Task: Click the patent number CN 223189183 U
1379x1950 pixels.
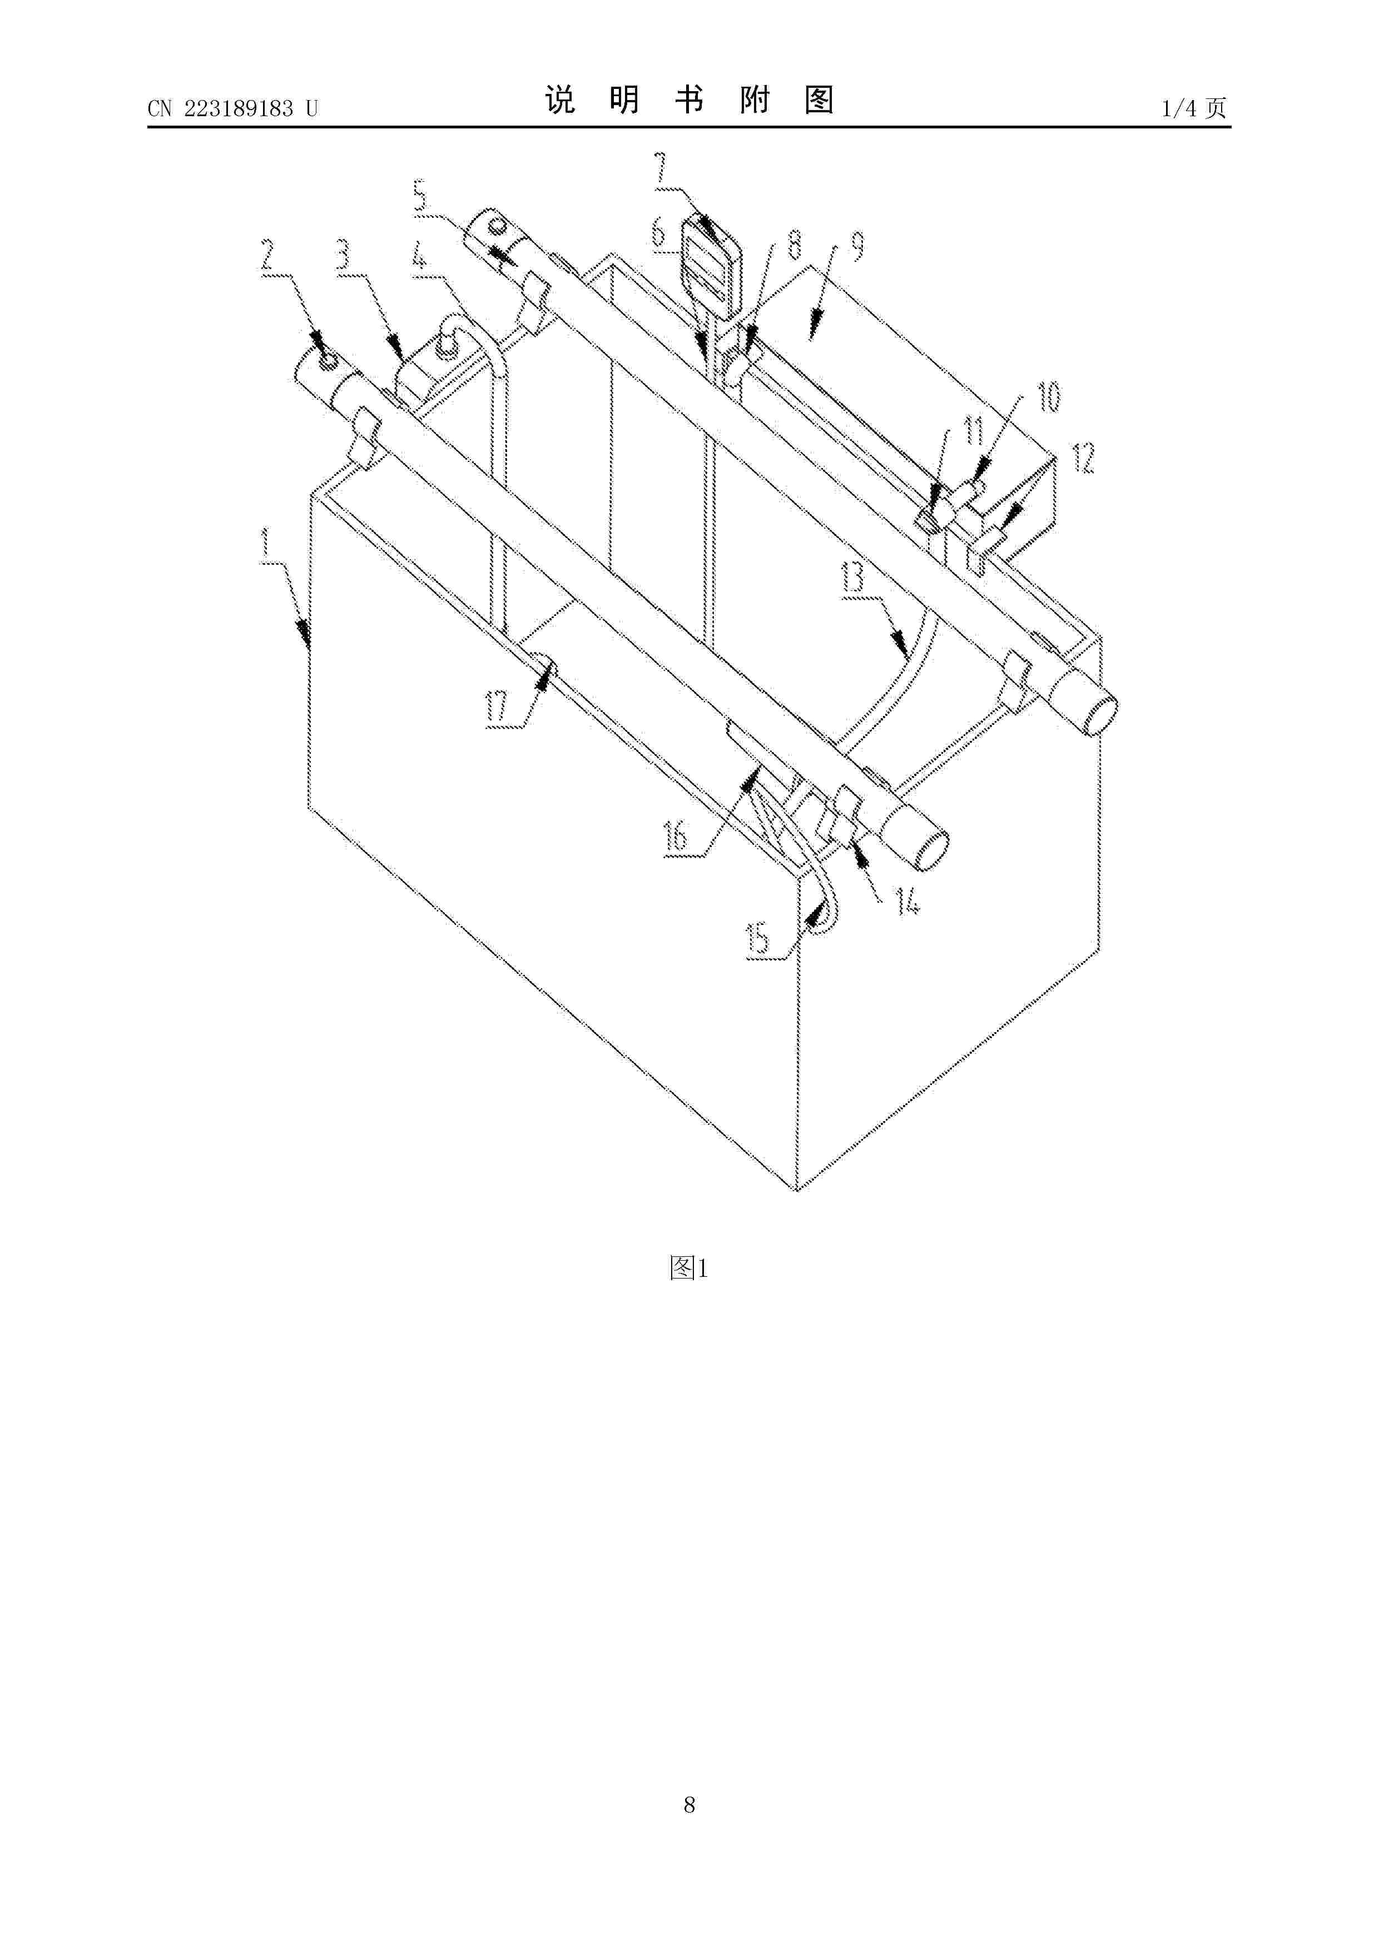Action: [x=232, y=109]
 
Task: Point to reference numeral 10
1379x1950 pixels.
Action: [x=1049, y=397]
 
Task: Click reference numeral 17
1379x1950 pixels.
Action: [x=498, y=707]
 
